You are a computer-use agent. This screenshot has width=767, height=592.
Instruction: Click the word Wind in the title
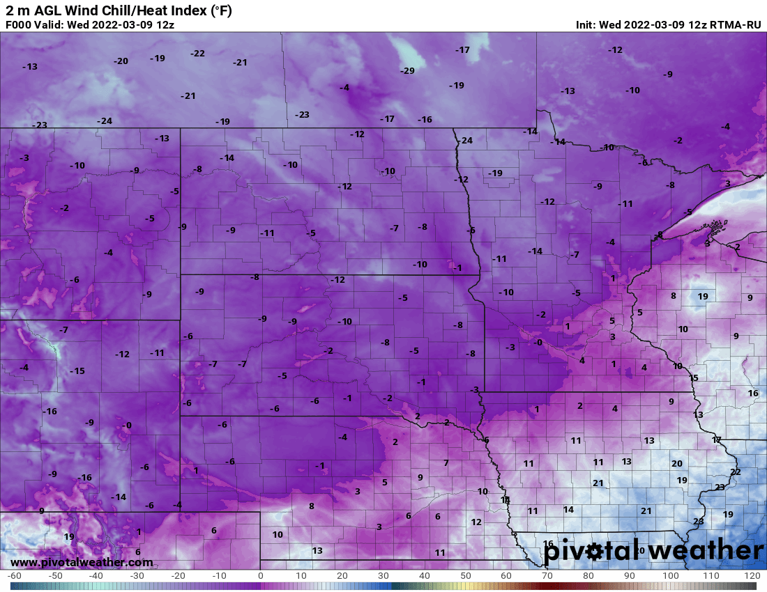point(83,10)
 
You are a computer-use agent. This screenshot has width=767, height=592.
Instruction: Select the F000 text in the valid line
point(19,25)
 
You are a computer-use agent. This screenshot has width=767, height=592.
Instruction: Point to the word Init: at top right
point(589,25)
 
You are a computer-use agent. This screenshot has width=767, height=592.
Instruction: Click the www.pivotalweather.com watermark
point(82,562)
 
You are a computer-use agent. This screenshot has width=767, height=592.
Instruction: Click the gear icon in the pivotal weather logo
point(594,552)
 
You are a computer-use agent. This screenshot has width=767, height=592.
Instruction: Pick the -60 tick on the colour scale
point(14,576)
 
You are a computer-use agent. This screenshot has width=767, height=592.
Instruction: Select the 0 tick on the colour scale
point(260,576)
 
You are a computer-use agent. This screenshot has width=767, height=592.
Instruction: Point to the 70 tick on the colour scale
point(547,576)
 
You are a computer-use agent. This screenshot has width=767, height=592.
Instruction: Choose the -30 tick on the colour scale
point(137,576)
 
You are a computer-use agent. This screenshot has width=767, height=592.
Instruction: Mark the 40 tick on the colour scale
point(424,576)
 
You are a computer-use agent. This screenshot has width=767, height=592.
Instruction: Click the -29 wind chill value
point(407,71)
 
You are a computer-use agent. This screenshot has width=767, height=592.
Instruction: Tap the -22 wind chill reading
point(197,54)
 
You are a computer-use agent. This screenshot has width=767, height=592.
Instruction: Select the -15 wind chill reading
point(77,371)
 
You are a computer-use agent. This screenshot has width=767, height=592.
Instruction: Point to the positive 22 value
point(735,472)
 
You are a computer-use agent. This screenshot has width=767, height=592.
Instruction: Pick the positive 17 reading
point(717,440)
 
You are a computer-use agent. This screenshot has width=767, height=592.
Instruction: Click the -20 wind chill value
point(121,61)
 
